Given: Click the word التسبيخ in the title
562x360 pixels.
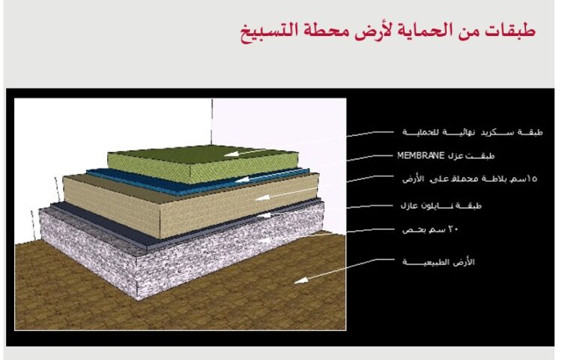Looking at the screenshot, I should point(268,32).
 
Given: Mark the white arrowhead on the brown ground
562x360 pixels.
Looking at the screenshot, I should point(297,280).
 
